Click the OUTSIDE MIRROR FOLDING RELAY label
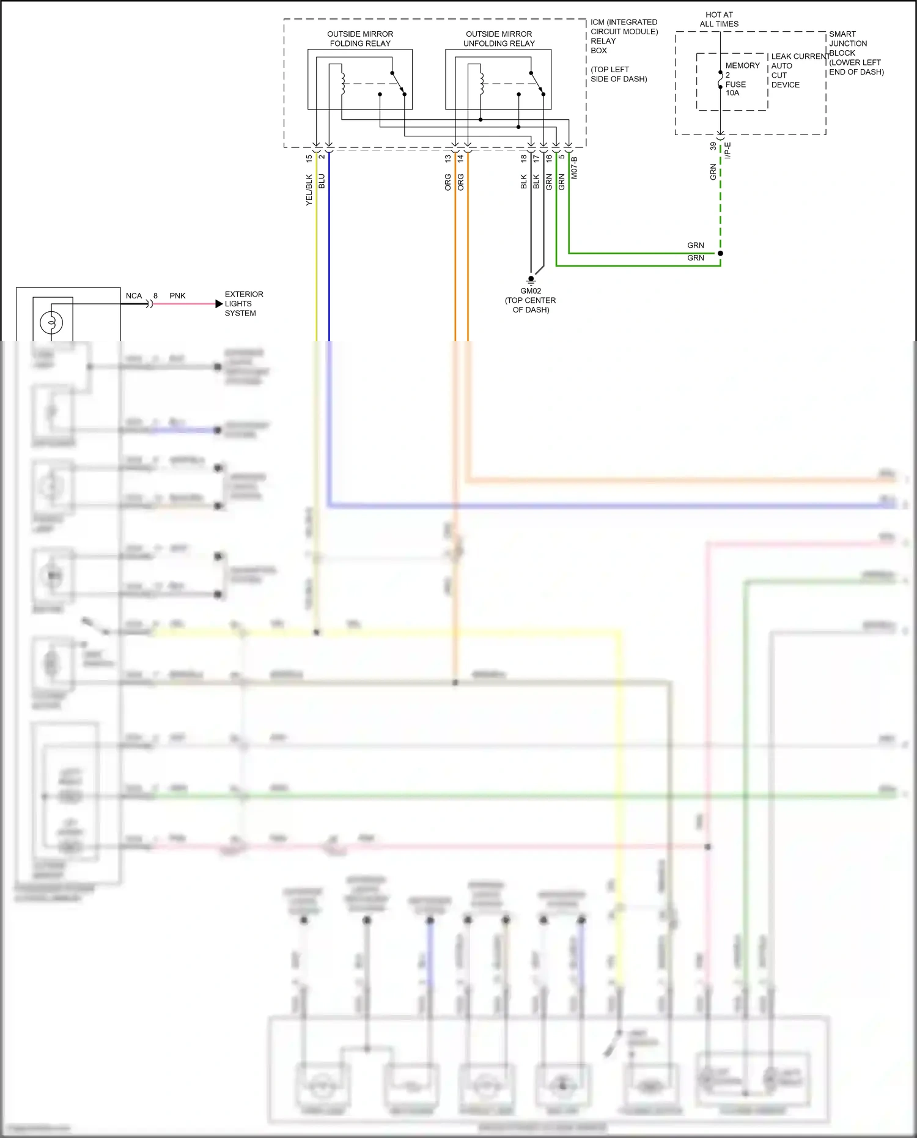point(360,39)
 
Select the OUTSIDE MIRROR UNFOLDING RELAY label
point(499,39)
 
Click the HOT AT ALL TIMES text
point(719,20)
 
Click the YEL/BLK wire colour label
point(309,190)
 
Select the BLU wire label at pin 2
point(322,181)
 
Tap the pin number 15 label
point(309,158)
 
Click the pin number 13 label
point(447,158)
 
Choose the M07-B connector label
point(574,168)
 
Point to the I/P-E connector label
point(727,150)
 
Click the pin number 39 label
point(713,147)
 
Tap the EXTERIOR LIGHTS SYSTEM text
point(243,303)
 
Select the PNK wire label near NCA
point(177,296)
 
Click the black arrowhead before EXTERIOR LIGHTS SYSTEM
point(219,304)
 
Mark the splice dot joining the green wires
point(720,253)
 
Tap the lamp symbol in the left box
point(51,322)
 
